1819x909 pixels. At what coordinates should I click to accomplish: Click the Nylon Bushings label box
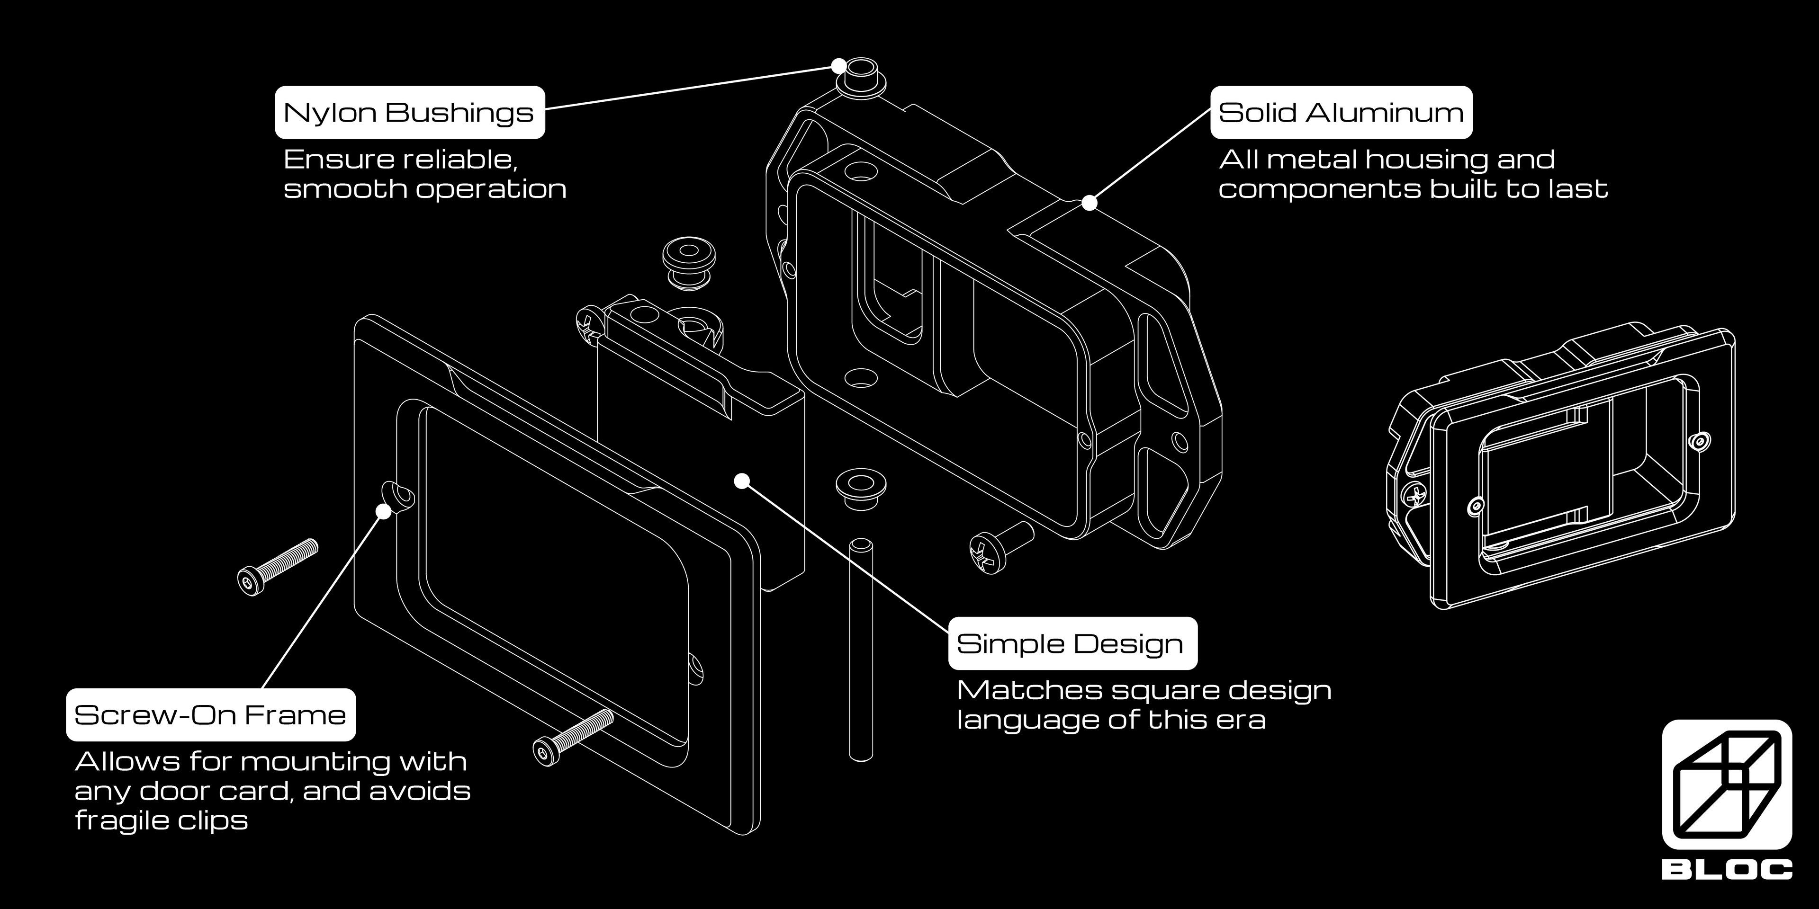click(410, 112)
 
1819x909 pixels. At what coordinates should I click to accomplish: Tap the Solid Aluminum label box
click(1341, 112)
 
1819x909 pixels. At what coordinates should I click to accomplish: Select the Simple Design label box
click(1072, 643)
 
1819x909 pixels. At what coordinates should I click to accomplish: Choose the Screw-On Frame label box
click(210, 714)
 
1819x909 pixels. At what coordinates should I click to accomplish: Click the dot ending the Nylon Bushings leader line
click(838, 66)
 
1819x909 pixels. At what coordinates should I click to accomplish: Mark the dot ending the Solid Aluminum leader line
click(1090, 203)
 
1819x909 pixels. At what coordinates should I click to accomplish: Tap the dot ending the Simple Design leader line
click(741, 481)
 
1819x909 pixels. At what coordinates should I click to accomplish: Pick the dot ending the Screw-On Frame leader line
click(383, 511)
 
